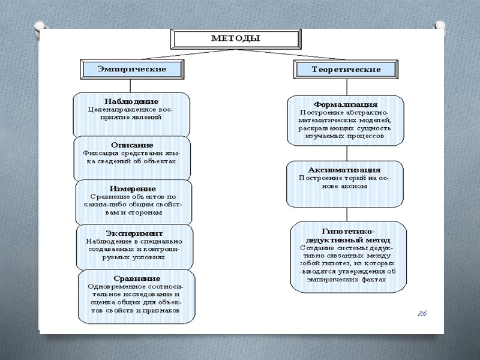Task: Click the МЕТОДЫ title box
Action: tap(235, 38)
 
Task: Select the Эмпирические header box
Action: tap(132, 69)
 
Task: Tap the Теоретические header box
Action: tap(346, 70)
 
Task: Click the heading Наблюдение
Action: tap(131, 101)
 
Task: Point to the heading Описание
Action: tap(132, 145)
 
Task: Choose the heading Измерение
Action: tap(134, 188)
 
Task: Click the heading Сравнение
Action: tap(137, 278)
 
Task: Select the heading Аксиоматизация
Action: tap(344, 170)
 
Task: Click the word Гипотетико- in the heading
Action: tap(348, 231)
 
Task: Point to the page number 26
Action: tap(422, 314)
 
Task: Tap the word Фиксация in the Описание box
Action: tap(99, 153)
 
